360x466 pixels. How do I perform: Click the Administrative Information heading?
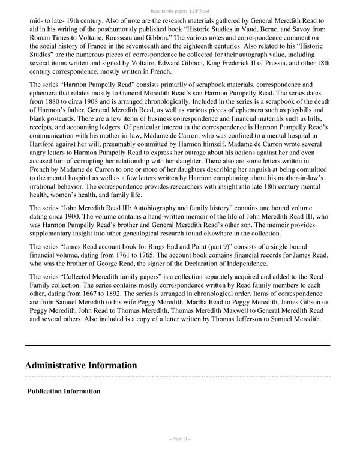tap(80, 365)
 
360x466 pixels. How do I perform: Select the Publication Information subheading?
tap(64, 391)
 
